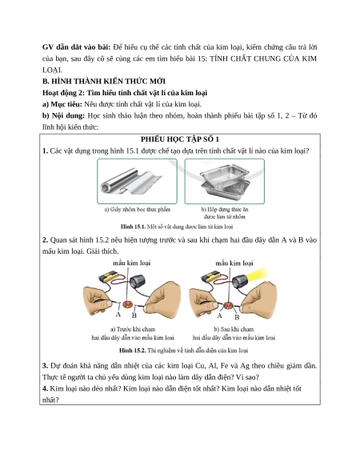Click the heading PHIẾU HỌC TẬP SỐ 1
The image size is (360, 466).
click(x=180, y=139)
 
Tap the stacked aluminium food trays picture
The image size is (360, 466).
click(x=225, y=181)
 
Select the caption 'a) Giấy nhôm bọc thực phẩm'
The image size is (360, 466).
click(x=138, y=210)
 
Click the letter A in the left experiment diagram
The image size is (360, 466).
click(x=118, y=315)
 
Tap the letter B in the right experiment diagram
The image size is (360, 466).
click(x=237, y=317)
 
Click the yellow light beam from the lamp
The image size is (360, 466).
click(x=256, y=274)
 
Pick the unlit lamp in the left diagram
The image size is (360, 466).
click(x=138, y=281)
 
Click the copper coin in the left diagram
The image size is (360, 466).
click(x=127, y=304)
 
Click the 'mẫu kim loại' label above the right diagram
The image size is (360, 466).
click(x=234, y=263)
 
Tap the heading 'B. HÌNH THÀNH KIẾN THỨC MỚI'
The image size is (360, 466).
click(x=104, y=82)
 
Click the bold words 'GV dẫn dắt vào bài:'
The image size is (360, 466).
click(x=76, y=47)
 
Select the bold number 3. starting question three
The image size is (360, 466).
click(x=45, y=366)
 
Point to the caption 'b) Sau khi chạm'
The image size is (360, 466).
click(x=234, y=329)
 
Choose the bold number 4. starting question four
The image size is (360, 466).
click(x=45, y=388)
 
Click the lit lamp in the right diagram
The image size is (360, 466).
click(x=238, y=281)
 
